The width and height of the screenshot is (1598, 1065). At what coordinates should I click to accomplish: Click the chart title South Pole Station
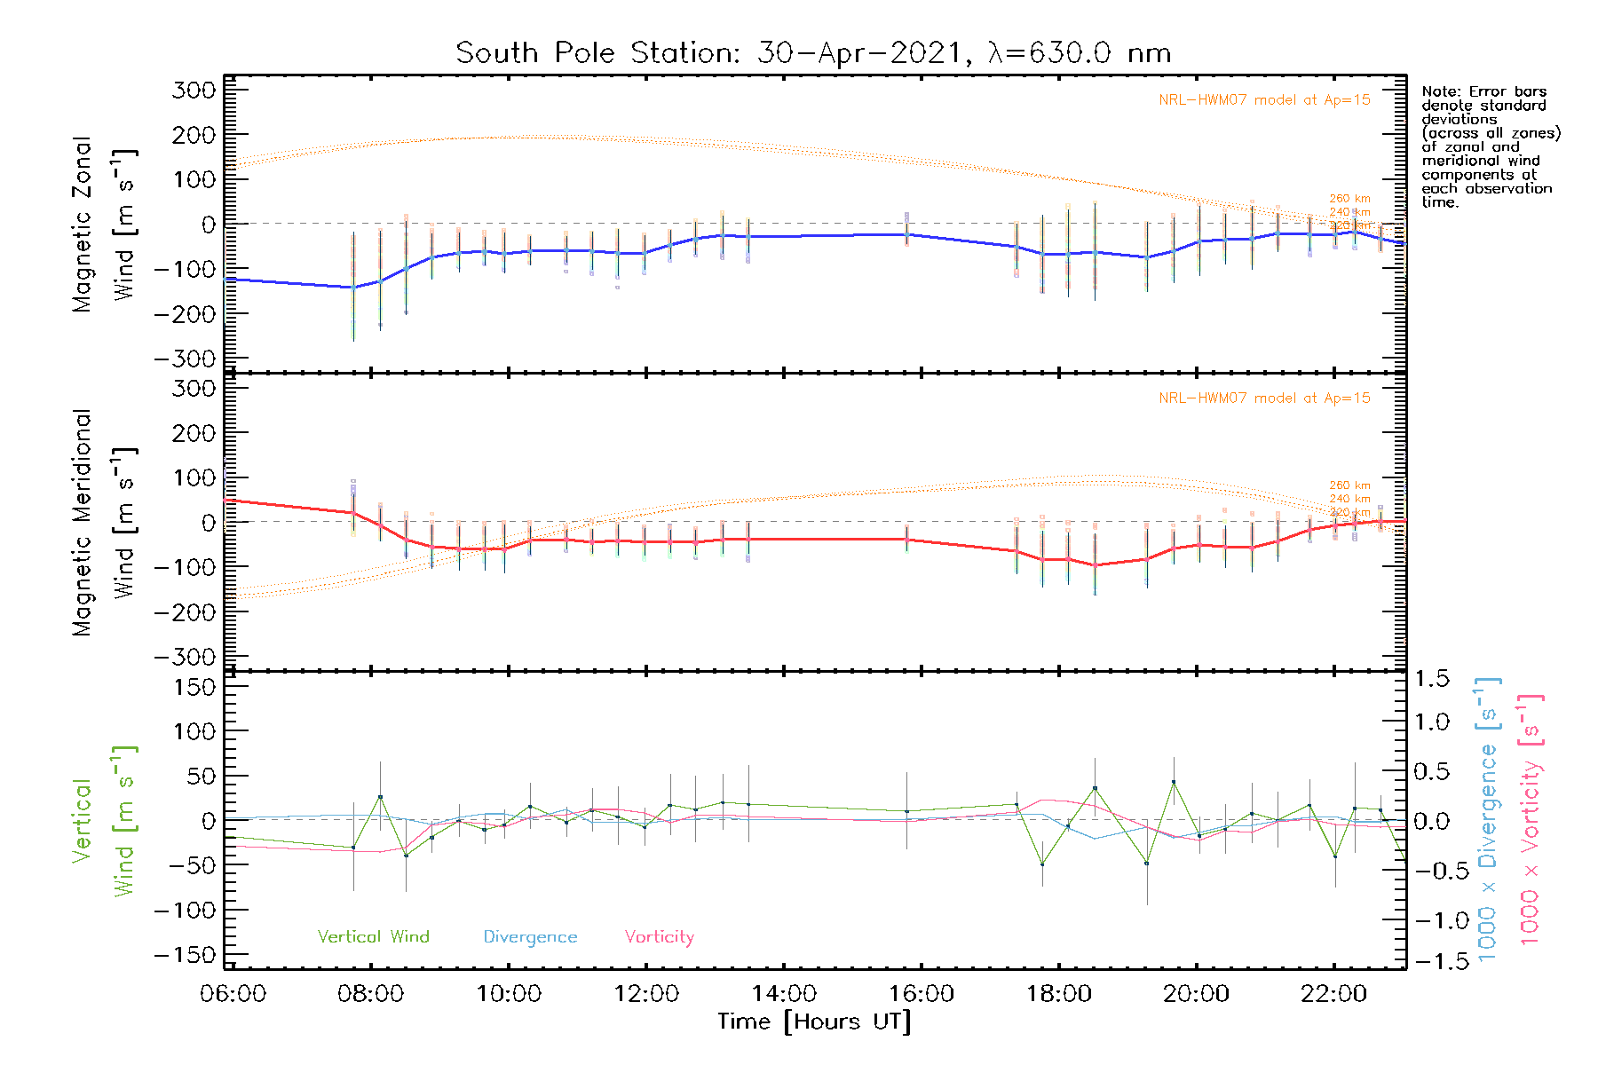tap(813, 53)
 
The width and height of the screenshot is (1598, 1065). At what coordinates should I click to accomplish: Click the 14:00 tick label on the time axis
tap(784, 994)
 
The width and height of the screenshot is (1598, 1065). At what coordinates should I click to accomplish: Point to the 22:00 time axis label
tap(1333, 994)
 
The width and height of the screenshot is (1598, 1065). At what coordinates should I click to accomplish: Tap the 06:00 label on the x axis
tap(233, 994)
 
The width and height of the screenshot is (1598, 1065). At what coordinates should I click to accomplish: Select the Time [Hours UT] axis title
tap(814, 1022)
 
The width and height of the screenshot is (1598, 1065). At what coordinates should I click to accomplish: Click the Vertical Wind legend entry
tap(373, 936)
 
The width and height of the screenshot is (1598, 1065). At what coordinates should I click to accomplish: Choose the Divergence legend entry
tap(530, 936)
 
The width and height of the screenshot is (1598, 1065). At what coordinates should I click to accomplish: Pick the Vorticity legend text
tap(659, 936)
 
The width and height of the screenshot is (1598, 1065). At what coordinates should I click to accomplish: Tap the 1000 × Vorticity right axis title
tap(1530, 819)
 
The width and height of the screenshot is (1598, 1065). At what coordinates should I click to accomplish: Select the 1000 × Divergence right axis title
tap(1487, 819)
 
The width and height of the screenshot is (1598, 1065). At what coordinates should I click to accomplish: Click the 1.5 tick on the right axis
tap(1431, 679)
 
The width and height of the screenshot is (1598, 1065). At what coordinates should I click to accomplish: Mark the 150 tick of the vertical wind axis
tap(194, 687)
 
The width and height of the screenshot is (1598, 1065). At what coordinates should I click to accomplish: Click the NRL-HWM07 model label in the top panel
tap(1264, 100)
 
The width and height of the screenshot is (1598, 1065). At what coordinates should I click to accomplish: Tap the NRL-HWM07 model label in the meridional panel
tap(1264, 398)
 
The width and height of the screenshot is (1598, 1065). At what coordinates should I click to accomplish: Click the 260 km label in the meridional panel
tap(1349, 485)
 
